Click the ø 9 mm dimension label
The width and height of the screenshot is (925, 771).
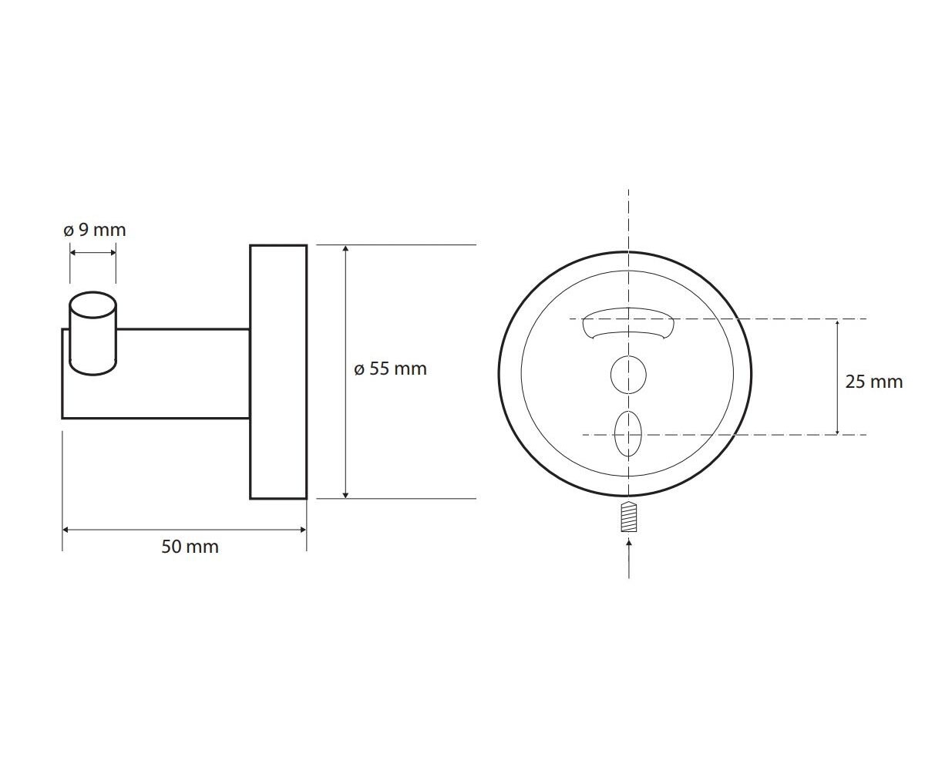pyautogui.click(x=95, y=230)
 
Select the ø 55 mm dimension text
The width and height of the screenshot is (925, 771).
pyautogui.click(x=390, y=369)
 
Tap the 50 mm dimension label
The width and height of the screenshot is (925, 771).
pyautogui.click(x=190, y=547)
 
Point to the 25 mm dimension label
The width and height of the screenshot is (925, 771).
pyautogui.click(x=873, y=382)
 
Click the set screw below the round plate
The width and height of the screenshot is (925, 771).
pyautogui.click(x=629, y=517)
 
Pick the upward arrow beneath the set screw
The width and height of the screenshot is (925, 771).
pyautogui.click(x=629, y=558)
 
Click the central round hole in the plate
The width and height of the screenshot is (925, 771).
pyautogui.click(x=628, y=375)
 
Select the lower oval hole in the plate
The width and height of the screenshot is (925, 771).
pyautogui.click(x=628, y=434)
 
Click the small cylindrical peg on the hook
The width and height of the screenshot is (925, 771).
pyautogui.click(x=93, y=333)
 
